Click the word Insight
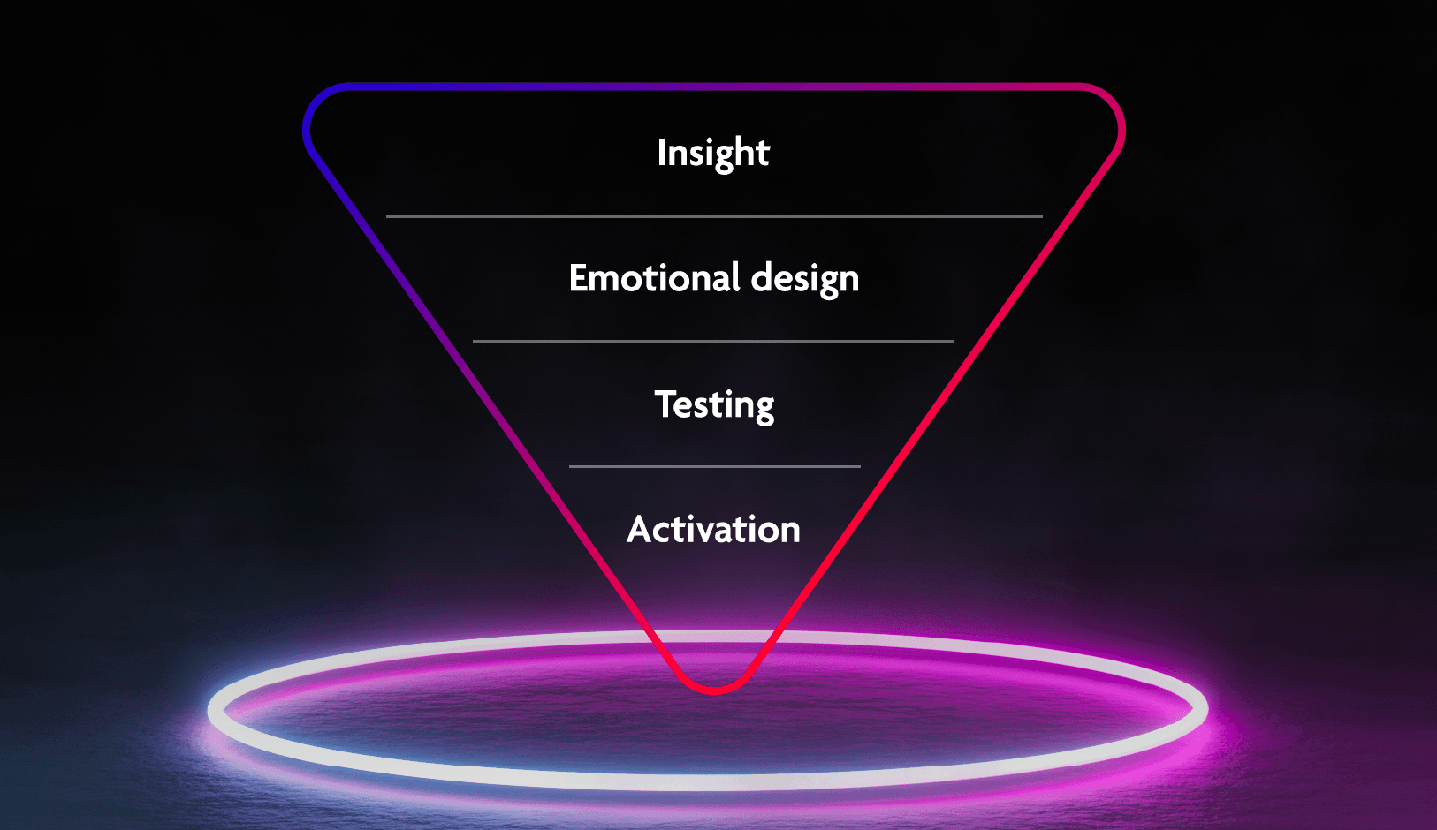pyautogui.click(x=712, y=153)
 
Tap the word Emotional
pyautogui.click(x=654, y=277)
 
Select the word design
pyautogui.click(x=804, y=279)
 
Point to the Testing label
pyautogui.click(x=714, y=405)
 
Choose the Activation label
pyautogui.click(x=713, y=530)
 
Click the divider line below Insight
pyautogui.click(x=714, y=216)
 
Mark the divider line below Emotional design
pyautogui.click(x=712, y=342)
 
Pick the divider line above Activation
pyautogui.click(x=715, y=466)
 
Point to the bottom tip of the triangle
pyautogui.click(x=714, y=690)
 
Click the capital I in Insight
pyautogui.click(x=661, y=152)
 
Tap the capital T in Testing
pyautogui.click(x=665, y=404)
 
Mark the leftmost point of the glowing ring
pyautogui.click(x=209, y=710)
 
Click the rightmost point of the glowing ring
pyautogui.click(x=1207, y=710)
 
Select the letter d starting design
pyautogui.click(x=763, y=278)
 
